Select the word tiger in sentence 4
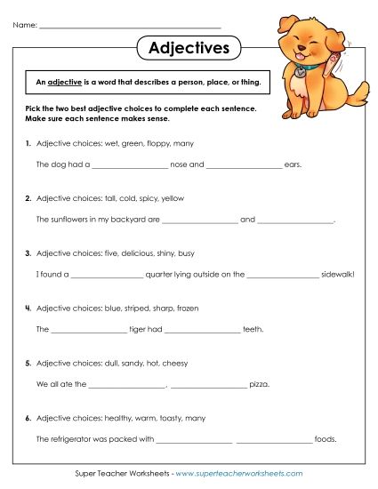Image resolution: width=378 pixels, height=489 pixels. point(142,329)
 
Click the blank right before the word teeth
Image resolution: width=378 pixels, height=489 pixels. point(203,329)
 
